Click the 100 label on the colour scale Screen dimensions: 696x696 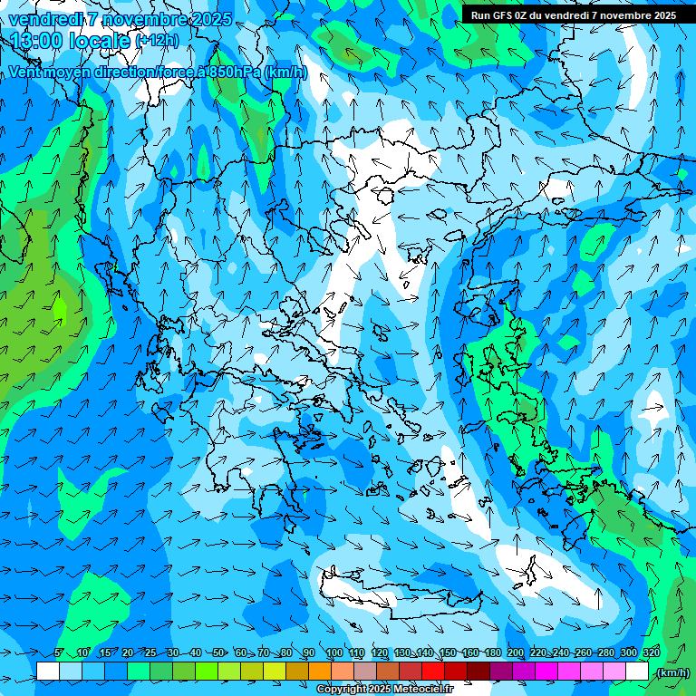[334, 652]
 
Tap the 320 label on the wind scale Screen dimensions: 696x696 [652, 652]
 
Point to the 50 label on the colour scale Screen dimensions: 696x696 [218, 652]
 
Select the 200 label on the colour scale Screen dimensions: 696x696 [516, 652]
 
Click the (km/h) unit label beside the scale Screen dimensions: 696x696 [672, 672]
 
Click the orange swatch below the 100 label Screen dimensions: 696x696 [342, 672]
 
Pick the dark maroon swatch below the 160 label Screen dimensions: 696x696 [478, 672]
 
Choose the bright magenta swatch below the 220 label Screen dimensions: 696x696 [546, 672]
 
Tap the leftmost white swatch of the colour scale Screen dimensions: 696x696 [47, 672]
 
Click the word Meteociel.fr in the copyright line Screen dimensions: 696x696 [423, 690]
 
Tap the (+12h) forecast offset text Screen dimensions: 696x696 [157, 41]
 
